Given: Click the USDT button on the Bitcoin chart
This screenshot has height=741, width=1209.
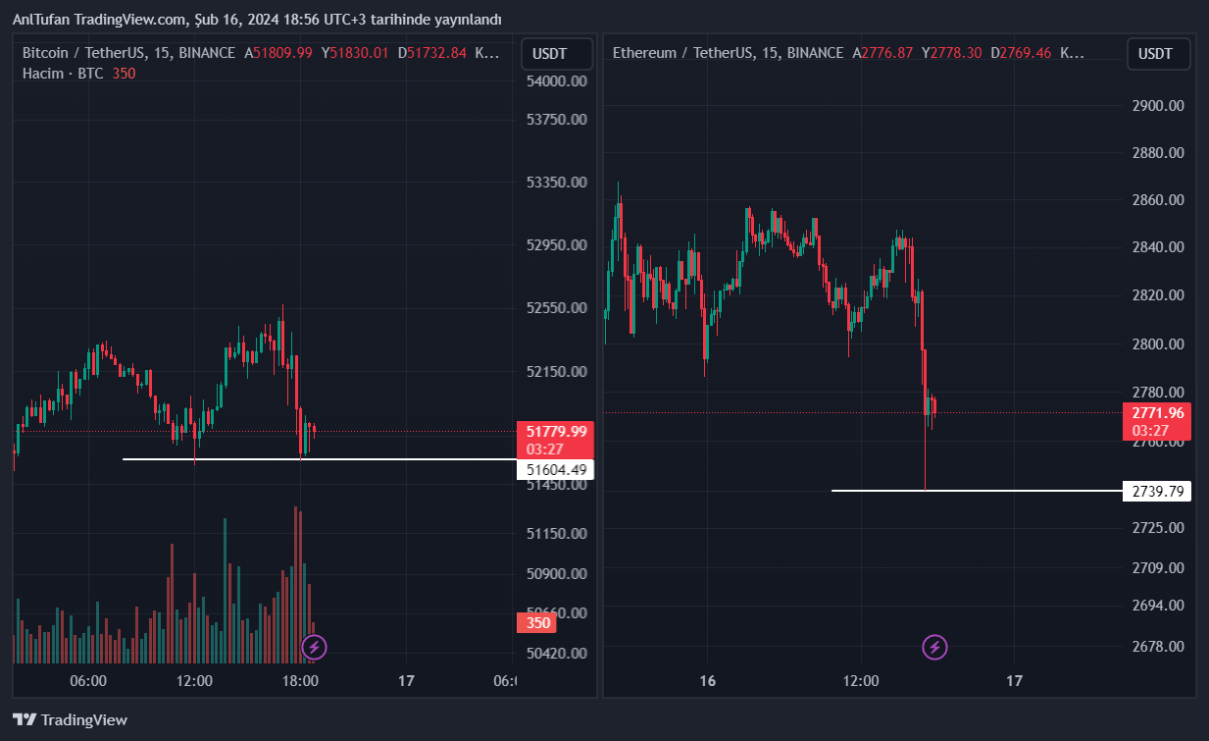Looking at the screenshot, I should coord(557,54).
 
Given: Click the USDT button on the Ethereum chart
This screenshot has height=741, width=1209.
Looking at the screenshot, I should coord(1157,54).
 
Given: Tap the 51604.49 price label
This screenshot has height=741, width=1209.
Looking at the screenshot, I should coord(556,470).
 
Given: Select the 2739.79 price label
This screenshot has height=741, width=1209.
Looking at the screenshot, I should coord(1157,491).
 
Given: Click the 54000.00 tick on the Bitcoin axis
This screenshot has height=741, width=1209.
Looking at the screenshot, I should coord(557,81).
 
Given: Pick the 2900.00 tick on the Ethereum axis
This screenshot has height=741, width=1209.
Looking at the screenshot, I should coord(1158,106).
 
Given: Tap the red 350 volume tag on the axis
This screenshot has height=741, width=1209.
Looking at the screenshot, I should coord(538,623).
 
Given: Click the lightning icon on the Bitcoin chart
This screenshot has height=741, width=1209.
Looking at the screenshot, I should coord(314,647).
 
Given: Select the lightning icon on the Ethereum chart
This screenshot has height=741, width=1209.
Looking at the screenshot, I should coord(934,647).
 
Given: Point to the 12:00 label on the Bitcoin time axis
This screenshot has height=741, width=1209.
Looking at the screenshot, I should coord(194,681).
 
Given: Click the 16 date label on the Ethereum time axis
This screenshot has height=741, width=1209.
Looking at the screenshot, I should coord(708,681).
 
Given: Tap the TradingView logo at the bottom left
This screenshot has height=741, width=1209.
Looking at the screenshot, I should coord(71,719).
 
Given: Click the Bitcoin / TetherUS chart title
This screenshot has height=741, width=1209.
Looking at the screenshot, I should coord(128,53).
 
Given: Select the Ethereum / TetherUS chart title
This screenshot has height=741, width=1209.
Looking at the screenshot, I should coord(728,53).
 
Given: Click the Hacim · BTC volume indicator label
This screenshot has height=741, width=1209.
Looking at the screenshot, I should coord(63,74).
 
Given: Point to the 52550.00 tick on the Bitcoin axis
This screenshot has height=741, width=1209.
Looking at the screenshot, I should coord(557,308).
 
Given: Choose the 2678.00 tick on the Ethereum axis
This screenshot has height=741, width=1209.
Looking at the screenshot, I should coord(1158,646).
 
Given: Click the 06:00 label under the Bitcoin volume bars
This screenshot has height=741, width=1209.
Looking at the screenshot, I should coord(88,681).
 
